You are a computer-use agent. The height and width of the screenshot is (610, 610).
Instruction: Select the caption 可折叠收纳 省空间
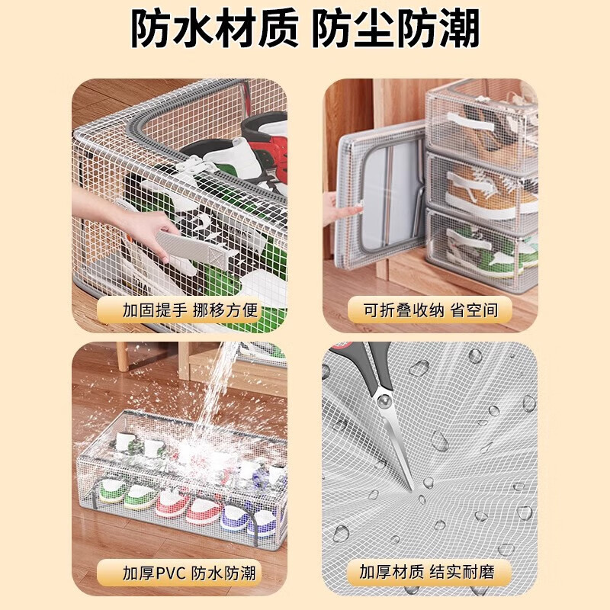pyautogui.click(x=430, y=310)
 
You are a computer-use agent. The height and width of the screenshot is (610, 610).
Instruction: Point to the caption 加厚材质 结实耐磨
pyautogui.click(x=430, y=571)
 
